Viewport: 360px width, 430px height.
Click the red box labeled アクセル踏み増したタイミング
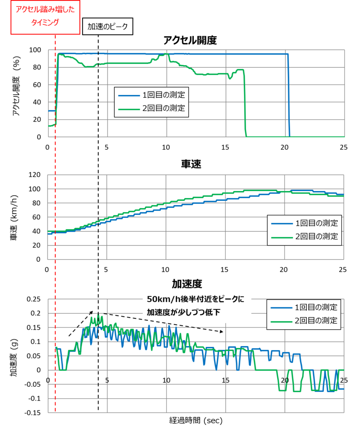(45, 17)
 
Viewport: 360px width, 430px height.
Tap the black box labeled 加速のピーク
(108, 26)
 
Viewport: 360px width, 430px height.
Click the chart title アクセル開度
(190, 40)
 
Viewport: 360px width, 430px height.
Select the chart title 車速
(191, 164)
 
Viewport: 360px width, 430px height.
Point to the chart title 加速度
(187, 284)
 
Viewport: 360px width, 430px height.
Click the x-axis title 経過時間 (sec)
(196, 420)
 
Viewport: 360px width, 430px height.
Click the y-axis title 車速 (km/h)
(14, 218)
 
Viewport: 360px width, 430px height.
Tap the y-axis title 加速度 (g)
(14, 358)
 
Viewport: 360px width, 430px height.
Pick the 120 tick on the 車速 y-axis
(34, 175)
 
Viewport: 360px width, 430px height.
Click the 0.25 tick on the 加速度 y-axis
(34, 299)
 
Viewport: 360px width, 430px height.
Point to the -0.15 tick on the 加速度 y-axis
(32, 412)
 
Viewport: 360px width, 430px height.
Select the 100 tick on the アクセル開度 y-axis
(35, 50)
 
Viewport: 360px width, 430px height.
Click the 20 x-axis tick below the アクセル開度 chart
(284, 147)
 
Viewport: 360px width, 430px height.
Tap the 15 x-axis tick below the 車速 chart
(224, 270)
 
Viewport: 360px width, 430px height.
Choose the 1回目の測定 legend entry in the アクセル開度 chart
(152, 95)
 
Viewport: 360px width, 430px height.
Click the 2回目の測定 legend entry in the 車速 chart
(305, 236)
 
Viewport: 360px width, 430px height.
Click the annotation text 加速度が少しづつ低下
(183, 312)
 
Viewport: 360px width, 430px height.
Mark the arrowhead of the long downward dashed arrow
(222, 332)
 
